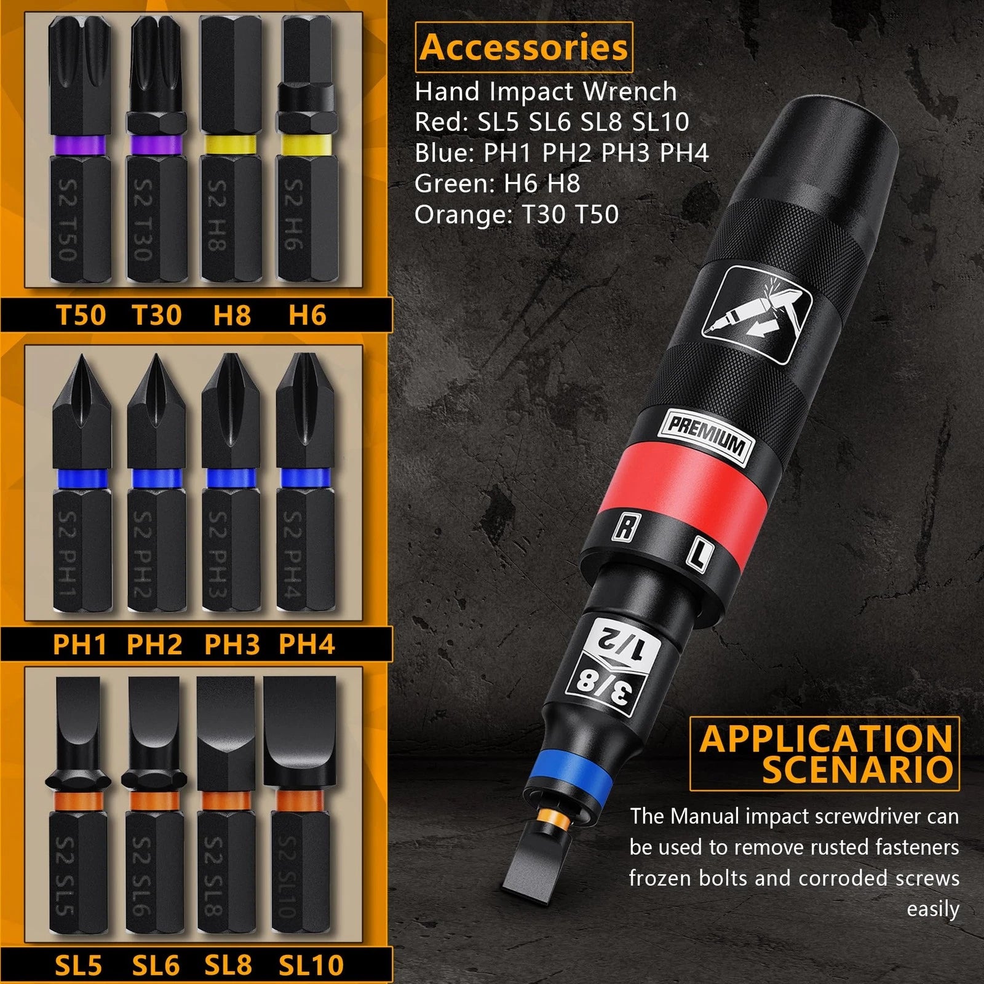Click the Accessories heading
[x=524, y=47]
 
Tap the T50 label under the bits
[x=81, y=315]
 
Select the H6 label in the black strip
[x=307, y=315]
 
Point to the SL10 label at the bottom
[x=311, y=965]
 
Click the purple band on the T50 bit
[x=80, y=145]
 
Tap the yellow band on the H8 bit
[x=230, y=145]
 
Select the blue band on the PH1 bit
[x=81, y=478]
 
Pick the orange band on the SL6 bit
[x=155, y=801]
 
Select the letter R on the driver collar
[x=625, y=527]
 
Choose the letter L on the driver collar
[x=699, y=554]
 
